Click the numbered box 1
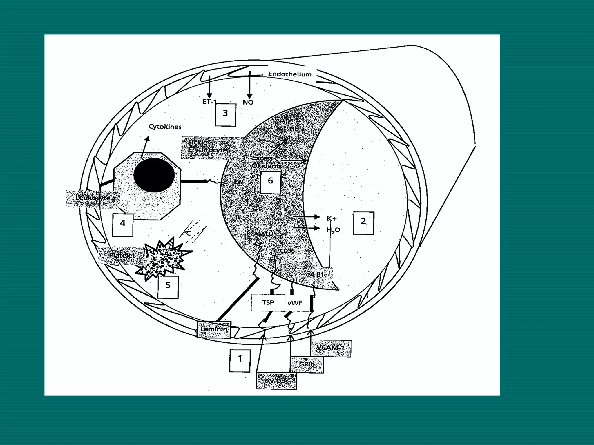click(240, 360)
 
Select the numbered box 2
click(363, 222)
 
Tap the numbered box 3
click(225, 114)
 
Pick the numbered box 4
click(123, 225)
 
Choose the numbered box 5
click(168, 287)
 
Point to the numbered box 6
click(270, 182)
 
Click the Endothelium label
click(289, 74)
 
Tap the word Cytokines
click(165, 127)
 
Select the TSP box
click(268, 303)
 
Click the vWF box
click(295, 303)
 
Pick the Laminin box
click(214, 329)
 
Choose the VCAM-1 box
click(330, 348)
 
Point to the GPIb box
click(307, 364)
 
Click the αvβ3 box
click(276, 381)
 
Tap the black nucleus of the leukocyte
click(154, 175)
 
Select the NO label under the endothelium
click(248, 102)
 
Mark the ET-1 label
click(209, 102)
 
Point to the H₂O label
click(333, 230)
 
